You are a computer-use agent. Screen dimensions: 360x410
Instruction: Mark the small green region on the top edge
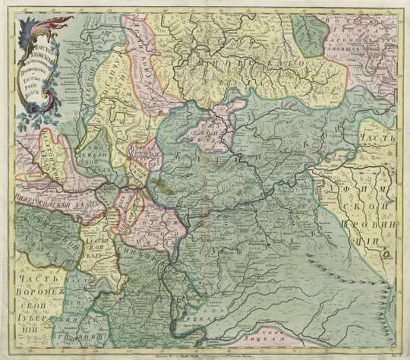pos(309,34)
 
